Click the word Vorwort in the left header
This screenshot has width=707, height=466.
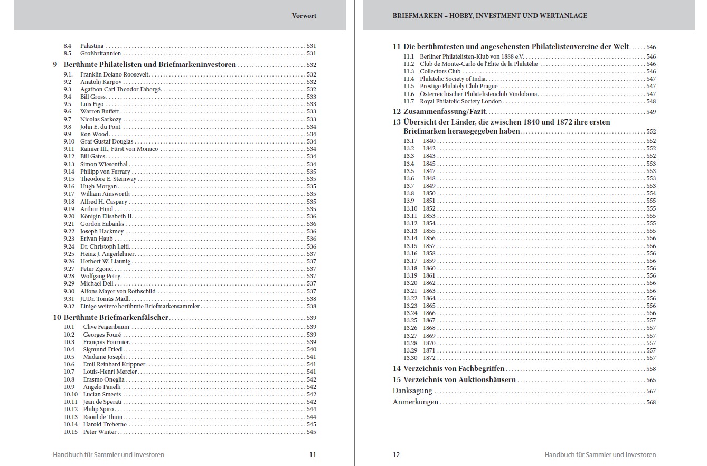[x=304, y=16]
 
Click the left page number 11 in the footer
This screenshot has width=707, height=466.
[x=313, y=454]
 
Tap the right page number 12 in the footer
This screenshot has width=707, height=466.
[x=397, y=454]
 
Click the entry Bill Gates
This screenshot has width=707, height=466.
[x=93, y=157]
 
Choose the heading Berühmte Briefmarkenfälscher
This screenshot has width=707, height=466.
[x=116, y=318]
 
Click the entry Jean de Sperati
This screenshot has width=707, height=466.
[x=102, y=402]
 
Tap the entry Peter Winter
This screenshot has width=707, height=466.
[x=100, y=432]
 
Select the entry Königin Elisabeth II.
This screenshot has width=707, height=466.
[x=106, y=216]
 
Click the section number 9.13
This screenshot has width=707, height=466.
[x=69, y=164]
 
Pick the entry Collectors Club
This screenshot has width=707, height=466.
[x=440, y=71]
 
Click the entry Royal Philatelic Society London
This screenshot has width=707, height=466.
[x=461, y=101]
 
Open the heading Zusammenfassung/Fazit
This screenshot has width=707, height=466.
[x=445, y=112]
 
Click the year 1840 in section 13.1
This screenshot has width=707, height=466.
[x=429, y=141]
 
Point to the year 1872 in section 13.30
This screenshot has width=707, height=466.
[x=429, y=358]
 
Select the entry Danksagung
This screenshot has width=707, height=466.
[x=412, y=391]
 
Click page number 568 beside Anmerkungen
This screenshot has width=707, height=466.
[x=651, y=402]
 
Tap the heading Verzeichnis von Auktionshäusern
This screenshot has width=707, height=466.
[x=459, y=380]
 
